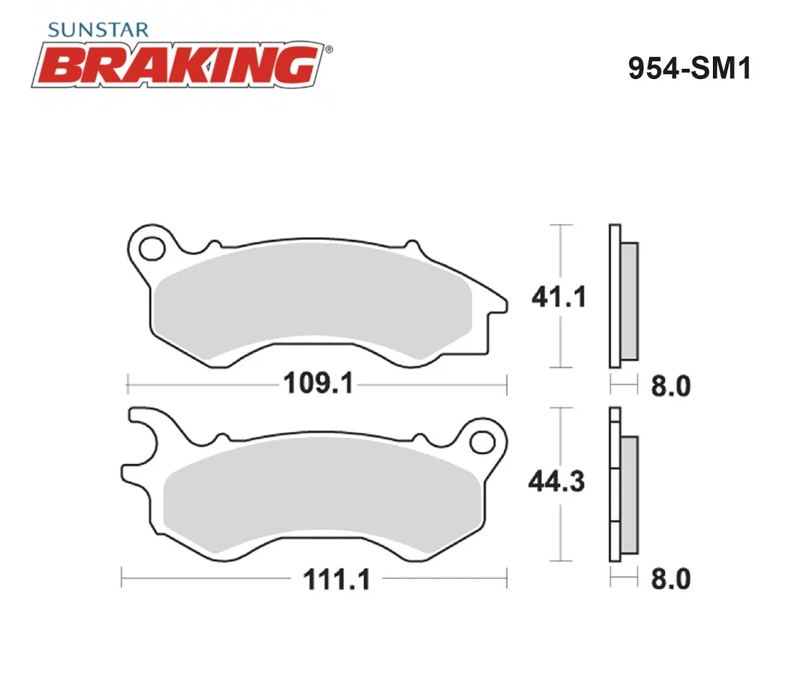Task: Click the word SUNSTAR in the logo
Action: [x=98, y=30]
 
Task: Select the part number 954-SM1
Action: [x=689, y=68]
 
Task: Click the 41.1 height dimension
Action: [x=559, y=297]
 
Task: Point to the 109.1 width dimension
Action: [x=318, y=383]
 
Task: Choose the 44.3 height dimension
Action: [x=557, y=482]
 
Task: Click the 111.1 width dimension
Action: [x=337, y=579]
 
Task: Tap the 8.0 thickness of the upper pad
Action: [x=671, y=387]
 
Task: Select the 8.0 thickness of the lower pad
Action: [x=671, y=579]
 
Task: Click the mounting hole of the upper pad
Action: [x=152, y=248]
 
